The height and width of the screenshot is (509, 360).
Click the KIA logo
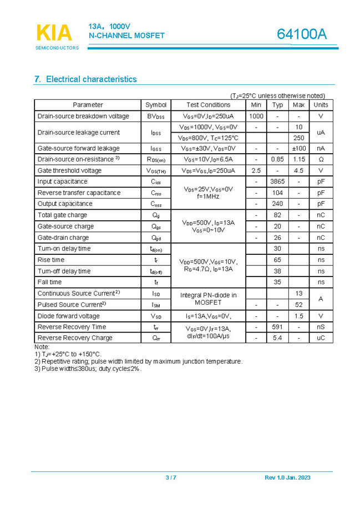54,33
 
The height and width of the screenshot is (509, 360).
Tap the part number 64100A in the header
302,34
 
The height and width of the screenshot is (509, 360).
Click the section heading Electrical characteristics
85,79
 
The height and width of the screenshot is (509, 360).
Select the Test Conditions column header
208,105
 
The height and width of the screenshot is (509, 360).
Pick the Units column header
321,105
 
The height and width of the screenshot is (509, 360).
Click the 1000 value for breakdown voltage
256,116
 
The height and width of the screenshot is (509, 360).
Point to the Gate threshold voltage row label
69,170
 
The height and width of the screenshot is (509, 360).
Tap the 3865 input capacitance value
277,182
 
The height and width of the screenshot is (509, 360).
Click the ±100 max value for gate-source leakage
298,148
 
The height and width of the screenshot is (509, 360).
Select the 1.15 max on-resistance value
298,159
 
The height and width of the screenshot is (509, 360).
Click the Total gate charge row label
62,215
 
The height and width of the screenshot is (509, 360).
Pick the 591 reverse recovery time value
277,327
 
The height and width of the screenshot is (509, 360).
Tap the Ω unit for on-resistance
321,159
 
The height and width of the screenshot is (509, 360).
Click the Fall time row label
49,282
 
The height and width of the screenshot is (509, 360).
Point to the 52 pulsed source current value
298,305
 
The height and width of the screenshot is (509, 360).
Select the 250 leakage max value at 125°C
298,138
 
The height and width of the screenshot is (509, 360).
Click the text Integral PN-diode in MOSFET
208,299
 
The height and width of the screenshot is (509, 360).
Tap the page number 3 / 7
171,478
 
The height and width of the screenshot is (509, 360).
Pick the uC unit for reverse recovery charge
321,338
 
